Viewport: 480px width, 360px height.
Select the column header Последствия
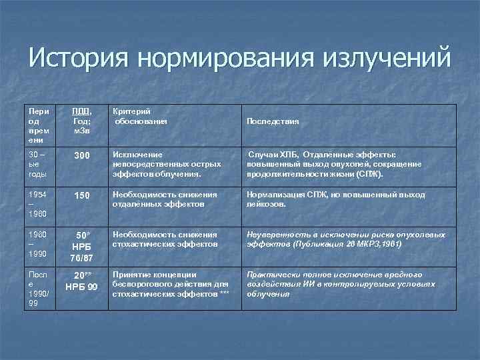(x=273, y=122)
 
